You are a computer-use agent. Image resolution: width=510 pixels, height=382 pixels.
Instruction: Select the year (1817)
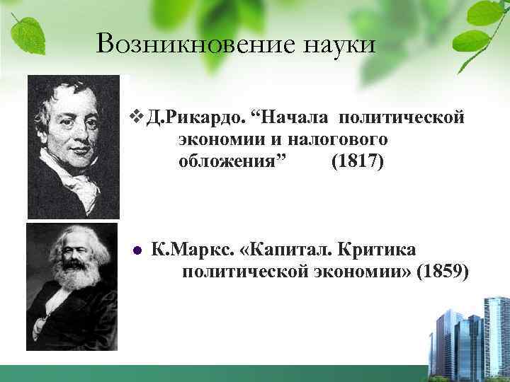pyautogui.click(x=358, y=163)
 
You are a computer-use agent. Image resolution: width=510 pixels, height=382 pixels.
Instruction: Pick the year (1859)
pyautogui.click(x=443, y=272)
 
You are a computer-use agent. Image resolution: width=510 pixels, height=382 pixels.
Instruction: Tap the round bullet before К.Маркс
pyautogui.click(x=138, y=251)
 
